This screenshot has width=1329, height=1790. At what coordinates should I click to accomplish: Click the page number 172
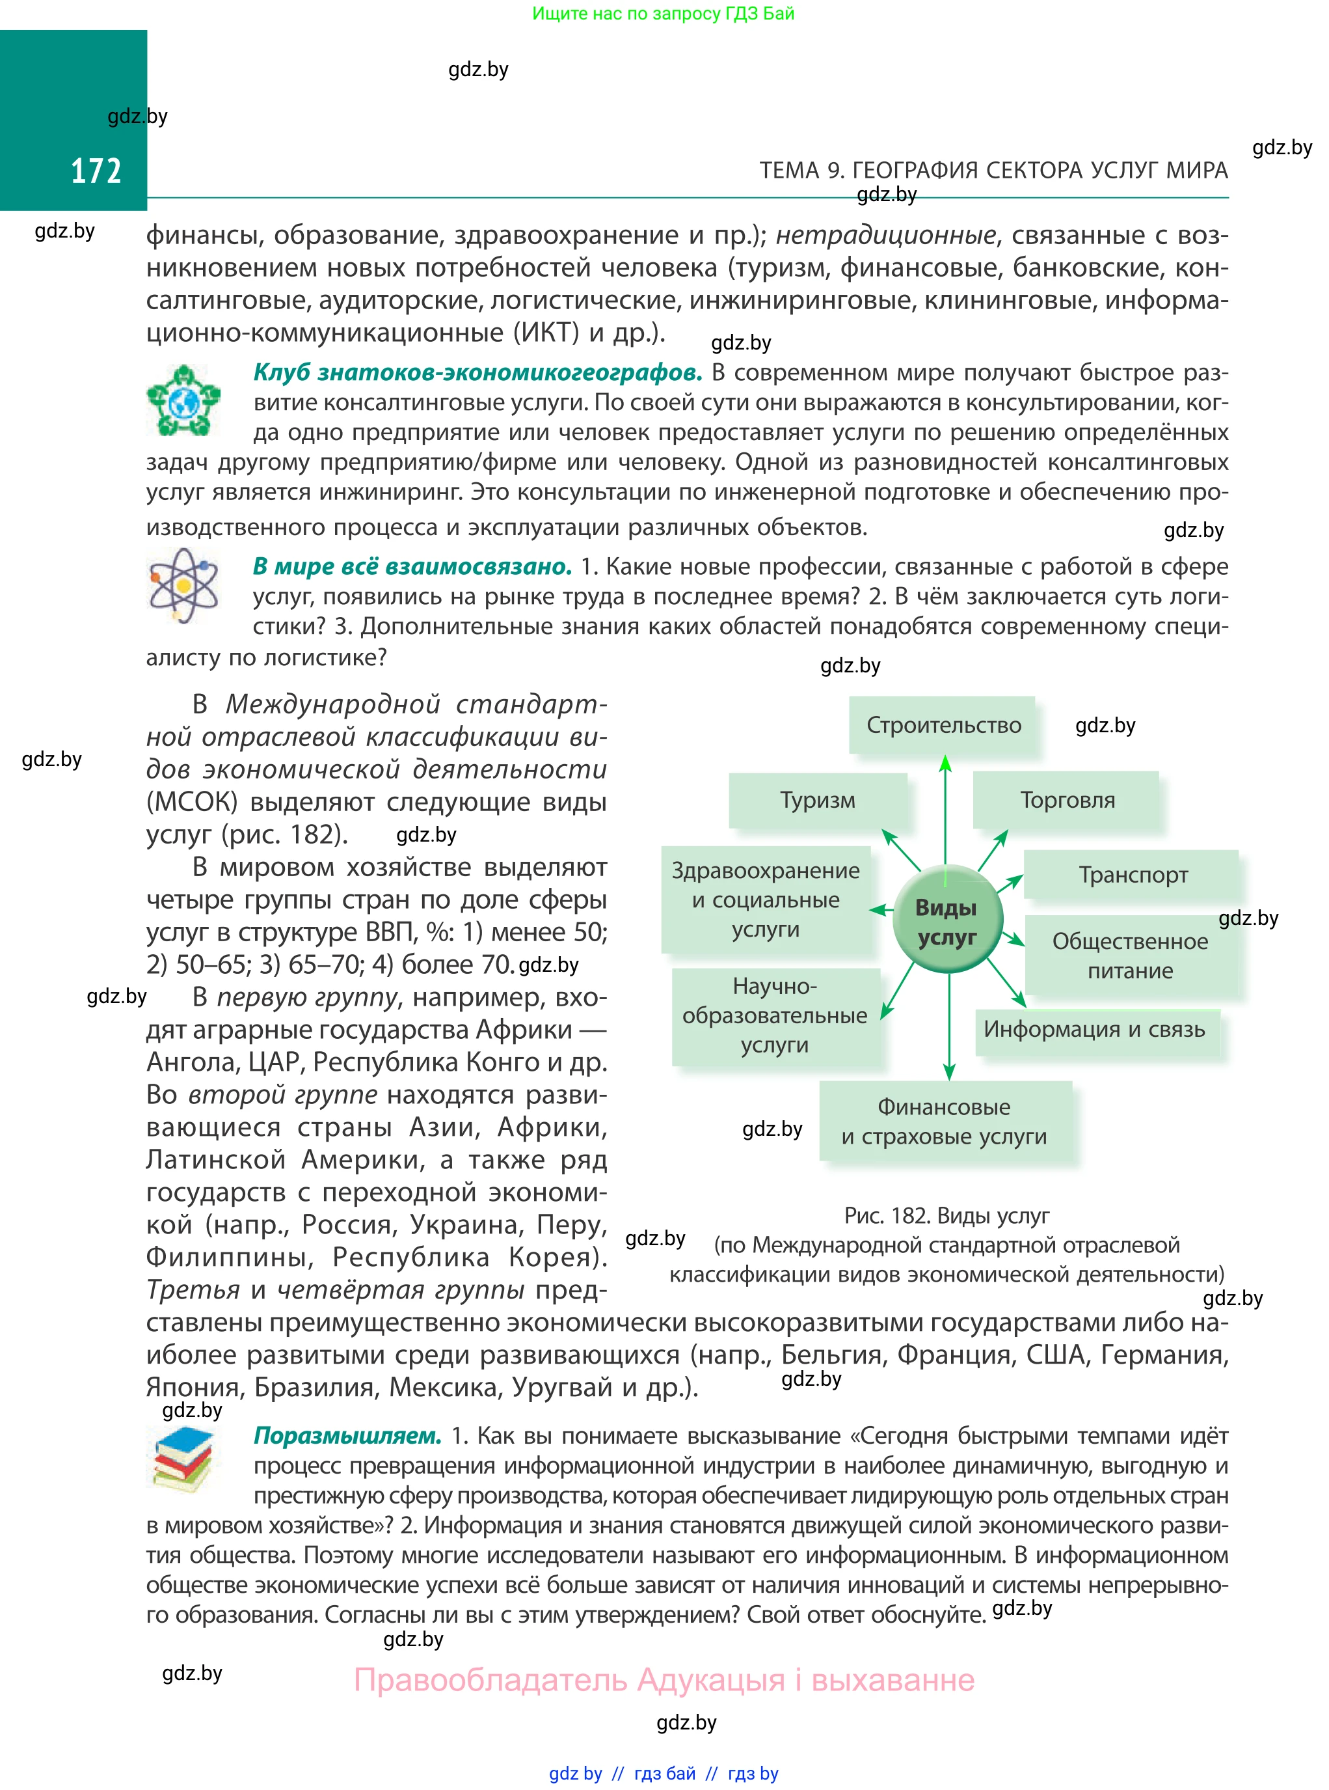(x=96, y=171)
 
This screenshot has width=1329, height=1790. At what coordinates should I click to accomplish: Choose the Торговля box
(x=1067, y=800)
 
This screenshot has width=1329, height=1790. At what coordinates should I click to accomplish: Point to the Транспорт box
(x=1132, y=875)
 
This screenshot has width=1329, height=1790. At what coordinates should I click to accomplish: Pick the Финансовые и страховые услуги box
(x=945, y=1122)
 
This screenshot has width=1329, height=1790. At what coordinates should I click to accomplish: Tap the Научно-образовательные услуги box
(x=775, y=1015)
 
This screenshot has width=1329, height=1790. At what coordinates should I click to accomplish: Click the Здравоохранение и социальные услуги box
(x=766, y=900)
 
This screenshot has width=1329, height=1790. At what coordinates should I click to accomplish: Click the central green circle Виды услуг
(x=947, y=922)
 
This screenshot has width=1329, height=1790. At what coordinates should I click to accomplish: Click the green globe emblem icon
(x=183, y=400)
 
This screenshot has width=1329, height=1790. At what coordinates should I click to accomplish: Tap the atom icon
(x=183, y=585)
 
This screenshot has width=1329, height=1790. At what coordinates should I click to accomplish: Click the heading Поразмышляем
(x=347, y=1436)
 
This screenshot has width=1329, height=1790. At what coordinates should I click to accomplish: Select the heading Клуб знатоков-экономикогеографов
(x=478, y=373)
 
